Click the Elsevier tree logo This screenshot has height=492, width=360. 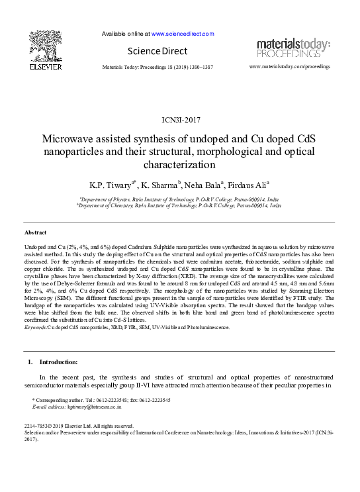pos(46,44)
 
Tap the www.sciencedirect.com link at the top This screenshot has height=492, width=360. pos(183,33)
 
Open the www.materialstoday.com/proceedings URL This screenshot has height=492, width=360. pos(290,68)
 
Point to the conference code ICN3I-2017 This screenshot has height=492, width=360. pos(181,120)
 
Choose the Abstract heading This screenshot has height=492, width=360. pos(36,233)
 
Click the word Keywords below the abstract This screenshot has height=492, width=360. pos(35,327)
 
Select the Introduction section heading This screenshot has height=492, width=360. pos(58,362)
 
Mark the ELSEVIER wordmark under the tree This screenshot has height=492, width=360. pos(46,67)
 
